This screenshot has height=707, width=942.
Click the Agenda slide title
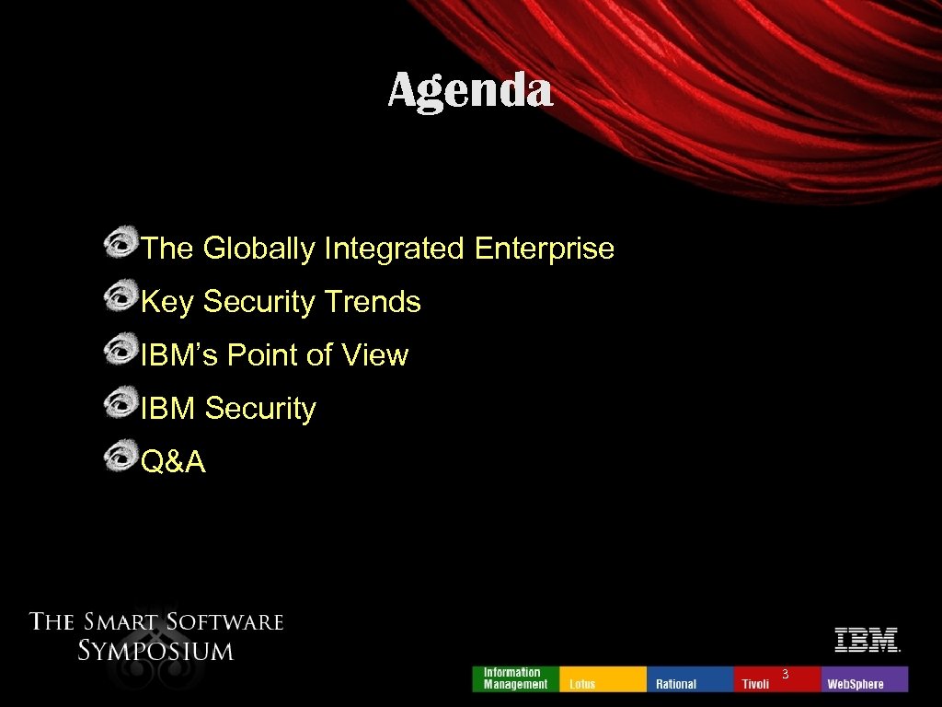(x=470, y=91)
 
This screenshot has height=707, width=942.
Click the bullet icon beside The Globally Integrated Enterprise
(x=120, y=244)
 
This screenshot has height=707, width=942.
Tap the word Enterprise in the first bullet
(x=545, y=249)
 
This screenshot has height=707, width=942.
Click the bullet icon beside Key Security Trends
(x=120, y=297)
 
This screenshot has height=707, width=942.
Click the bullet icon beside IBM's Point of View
(x=120, y=351)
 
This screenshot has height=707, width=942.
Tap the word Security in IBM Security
(x=260, y=409)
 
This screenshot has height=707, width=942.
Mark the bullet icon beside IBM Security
(x=120, y=404)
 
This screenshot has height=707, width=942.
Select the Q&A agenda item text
(x=174, y=462)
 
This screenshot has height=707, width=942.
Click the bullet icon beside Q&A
(x=120, y=458)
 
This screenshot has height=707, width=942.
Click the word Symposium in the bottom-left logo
(x=155, y=651)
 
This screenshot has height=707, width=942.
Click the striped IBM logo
(x=866, y=640)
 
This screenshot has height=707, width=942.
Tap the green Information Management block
(x=515, y=678)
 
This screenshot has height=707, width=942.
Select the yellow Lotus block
(x=602, y=678)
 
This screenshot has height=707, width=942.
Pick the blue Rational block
(x=690, y=678)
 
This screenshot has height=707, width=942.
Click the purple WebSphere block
(x=864, y=678)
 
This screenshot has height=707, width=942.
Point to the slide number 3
(x=785, y=675)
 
